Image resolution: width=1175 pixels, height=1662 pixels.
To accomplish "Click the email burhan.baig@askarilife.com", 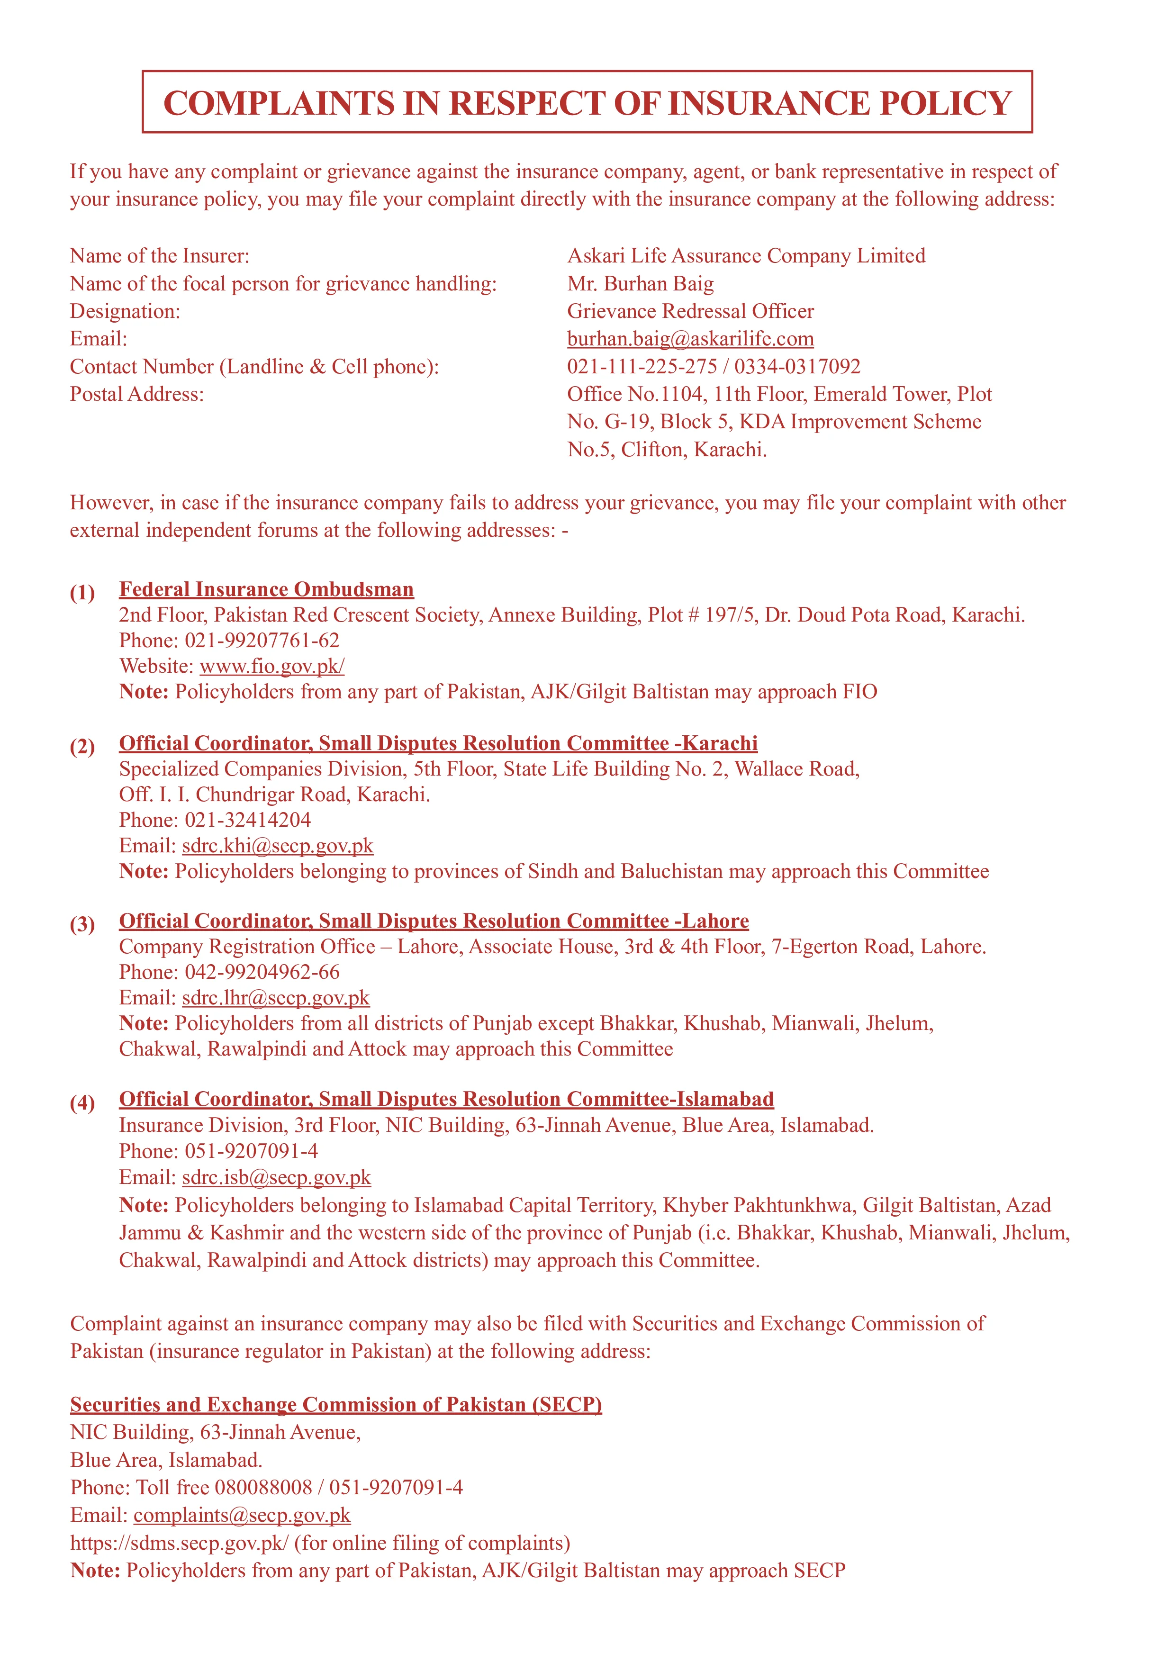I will point(690,339).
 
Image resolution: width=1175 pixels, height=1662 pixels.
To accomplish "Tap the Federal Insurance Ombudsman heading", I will point(266,589).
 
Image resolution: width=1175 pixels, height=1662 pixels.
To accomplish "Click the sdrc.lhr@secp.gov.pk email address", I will point(275,997).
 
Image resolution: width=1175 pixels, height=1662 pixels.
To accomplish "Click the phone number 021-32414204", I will point(248,820).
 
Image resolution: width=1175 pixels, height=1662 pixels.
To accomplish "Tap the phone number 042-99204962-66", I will point(262,972).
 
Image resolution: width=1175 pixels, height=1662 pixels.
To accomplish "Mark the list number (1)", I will point(82,593).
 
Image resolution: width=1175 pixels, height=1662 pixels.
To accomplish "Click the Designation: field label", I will point(125,311).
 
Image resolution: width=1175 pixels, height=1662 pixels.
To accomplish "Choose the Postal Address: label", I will point(137,395).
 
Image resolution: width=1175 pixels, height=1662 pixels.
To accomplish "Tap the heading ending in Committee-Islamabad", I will point(446,1099).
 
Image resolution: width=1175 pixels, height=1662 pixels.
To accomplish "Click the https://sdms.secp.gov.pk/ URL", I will point(179,1543).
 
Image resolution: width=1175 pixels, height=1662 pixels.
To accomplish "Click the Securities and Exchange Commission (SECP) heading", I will point(336,1404).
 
